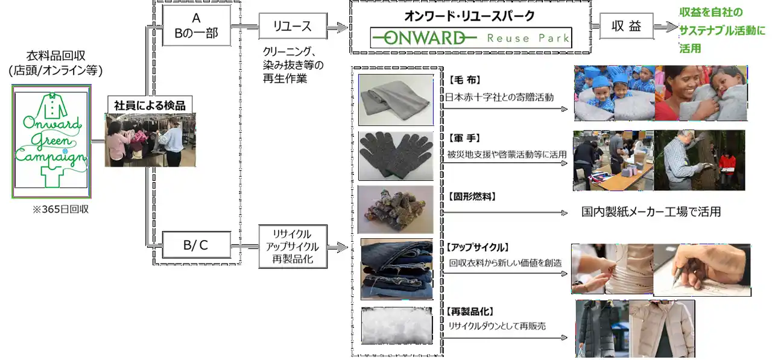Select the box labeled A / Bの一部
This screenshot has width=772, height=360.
[x=196, y=26]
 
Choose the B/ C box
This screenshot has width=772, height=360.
[x=196, y=246]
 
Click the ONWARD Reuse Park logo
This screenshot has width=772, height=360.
[x=470, y=39]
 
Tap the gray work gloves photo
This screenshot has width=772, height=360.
[x=396, y=156]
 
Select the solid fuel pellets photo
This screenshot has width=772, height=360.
[x=396, y=209]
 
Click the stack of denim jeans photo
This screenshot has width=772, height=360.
[x=396, y=269]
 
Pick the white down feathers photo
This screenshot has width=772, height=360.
[x=396, y=326]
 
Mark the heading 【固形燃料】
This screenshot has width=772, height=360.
[x=472, y=197]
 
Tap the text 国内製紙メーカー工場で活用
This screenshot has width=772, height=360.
[x=651, y=212]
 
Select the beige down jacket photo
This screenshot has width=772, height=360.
[x=662, y=329]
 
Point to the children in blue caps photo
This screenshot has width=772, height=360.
[x=612, y=93]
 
